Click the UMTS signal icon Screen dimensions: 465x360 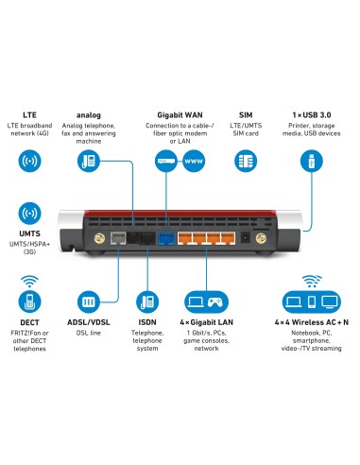tap(28, 213)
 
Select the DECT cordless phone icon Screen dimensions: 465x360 tap(28, 304)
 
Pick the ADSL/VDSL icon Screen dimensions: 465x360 tap(87, 304)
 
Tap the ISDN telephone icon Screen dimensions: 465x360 tap(146, 304)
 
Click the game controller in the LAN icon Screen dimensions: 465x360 tap(215, 304)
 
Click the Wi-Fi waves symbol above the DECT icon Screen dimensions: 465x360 tap(28, 281)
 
